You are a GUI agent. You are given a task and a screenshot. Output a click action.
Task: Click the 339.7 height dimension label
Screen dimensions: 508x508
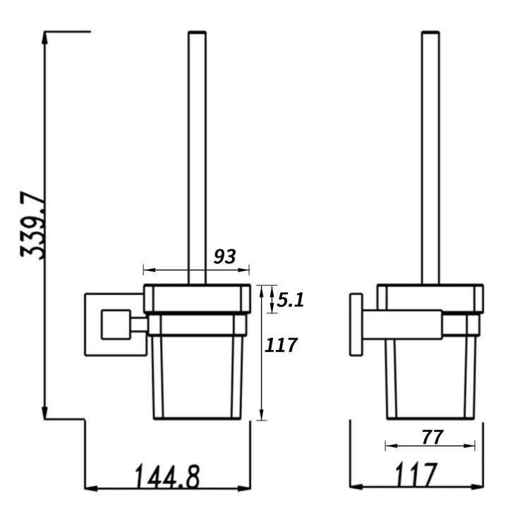pos(32,226)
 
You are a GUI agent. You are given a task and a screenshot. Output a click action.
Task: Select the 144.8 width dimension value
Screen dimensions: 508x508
pos(167,477)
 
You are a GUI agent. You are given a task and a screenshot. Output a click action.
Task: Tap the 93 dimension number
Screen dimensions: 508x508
pos(224,257)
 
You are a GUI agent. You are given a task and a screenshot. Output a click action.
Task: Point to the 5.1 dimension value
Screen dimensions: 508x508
pos(290,301)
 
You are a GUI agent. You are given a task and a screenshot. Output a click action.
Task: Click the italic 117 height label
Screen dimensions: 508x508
pos(281,345)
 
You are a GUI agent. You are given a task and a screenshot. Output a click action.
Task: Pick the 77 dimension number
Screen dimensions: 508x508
pos(433,437)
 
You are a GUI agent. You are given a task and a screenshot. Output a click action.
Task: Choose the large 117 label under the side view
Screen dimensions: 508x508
pos(416,475)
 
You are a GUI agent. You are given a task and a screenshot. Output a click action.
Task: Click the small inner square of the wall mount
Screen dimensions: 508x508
pos(116,325)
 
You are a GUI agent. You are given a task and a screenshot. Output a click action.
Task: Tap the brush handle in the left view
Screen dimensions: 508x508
pos(198,158)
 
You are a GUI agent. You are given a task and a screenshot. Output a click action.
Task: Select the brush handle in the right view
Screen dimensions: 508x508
pos(430,158)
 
